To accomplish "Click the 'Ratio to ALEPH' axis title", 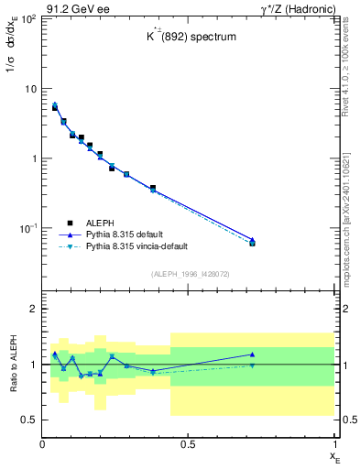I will (12, 365).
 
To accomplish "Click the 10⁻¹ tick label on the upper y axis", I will (27, 227).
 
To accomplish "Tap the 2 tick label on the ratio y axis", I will (33, 310).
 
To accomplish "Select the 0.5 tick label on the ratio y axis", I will (29, 420).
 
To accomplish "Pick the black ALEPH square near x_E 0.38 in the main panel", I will (153, 188).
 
